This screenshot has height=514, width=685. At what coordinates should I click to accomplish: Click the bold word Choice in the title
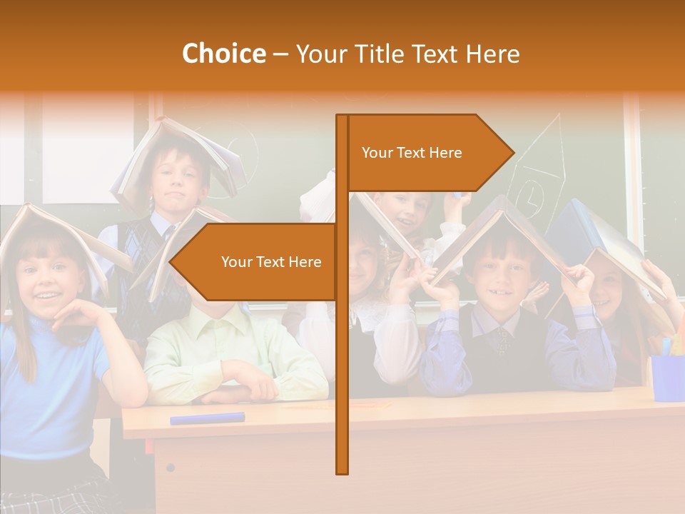tap(223, 54)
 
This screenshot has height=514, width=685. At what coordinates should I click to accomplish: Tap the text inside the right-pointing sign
tap(412, 153)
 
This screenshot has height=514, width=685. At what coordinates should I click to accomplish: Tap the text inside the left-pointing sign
tap(271, 262)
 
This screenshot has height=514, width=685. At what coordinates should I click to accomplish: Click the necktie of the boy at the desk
tap(504, 338)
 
